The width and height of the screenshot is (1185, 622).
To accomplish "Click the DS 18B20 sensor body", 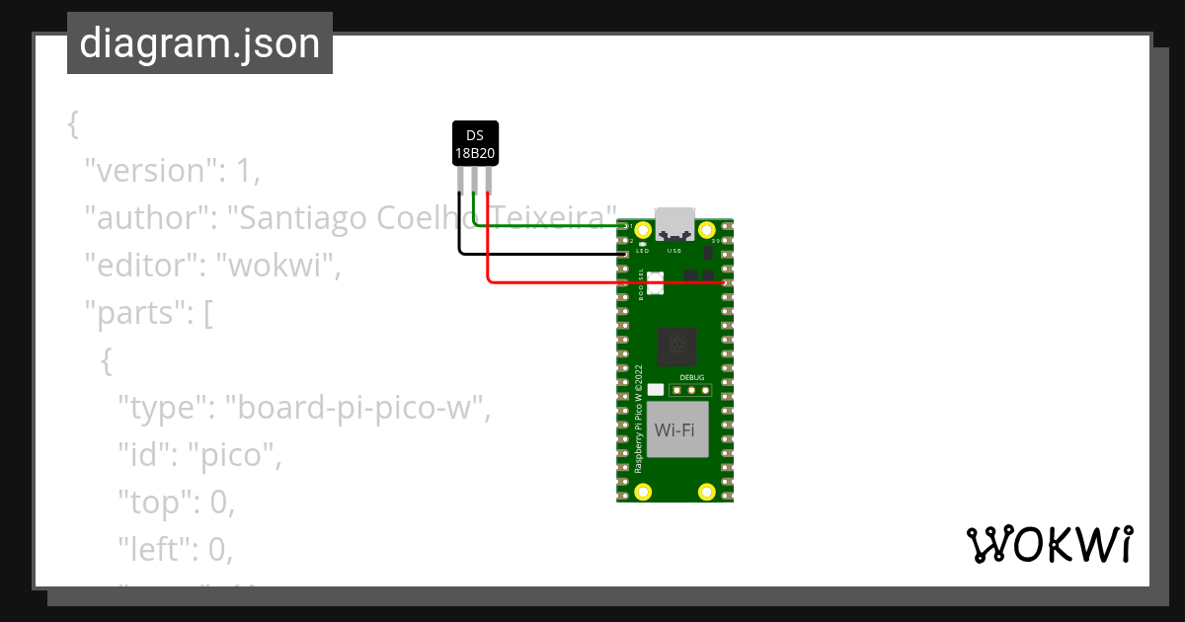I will point(475,143).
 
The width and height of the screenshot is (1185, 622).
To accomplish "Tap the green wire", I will point(553,226).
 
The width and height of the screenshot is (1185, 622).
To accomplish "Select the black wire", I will point(543,254).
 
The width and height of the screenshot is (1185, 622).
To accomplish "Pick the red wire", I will point(592,282).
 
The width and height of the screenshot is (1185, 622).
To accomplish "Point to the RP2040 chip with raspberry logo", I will point(676,347).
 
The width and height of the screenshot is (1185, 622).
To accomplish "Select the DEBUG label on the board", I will point(692,377).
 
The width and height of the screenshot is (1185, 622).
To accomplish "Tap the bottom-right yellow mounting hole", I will point(706,491).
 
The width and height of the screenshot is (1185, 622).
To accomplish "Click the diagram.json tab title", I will point(199,43).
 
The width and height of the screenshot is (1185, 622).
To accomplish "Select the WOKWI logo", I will point(1049,544).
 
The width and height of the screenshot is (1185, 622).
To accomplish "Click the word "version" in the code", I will point(148,171).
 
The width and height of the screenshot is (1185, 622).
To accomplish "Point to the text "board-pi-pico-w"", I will point(357,407).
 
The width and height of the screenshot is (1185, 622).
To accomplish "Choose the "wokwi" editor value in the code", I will point(277,266).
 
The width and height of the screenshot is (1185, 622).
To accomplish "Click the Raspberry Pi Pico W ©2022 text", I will point(639,419).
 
